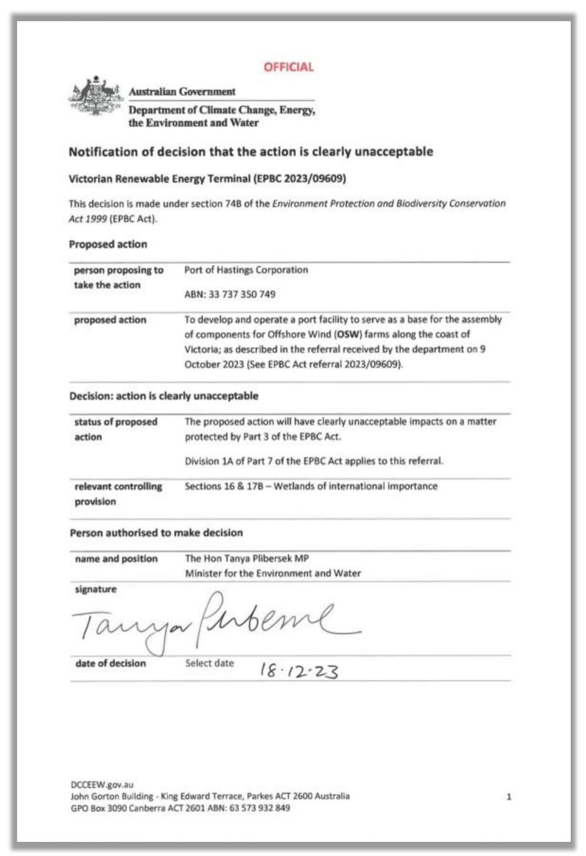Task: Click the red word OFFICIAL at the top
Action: click(288, 67)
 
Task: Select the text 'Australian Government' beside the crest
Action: click(182, 92)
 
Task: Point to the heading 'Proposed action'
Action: click(108, 244)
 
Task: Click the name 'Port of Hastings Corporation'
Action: click(246, 270)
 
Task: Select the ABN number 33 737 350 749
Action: click(242, 294)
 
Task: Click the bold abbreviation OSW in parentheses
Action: click(347, 334)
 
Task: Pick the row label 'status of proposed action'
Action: click(115, 429)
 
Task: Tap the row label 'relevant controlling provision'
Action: click(118, 494)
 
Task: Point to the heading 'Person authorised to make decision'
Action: click(156, 532)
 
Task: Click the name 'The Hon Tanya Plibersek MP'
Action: click(247, 558)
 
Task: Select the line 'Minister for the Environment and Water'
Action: click(272, 573)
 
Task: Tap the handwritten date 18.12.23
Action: click(299, 670)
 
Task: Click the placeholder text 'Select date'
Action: click(209, 663)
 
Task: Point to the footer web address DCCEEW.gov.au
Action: click(102, 784)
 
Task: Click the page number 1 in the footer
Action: click(509, 797)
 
